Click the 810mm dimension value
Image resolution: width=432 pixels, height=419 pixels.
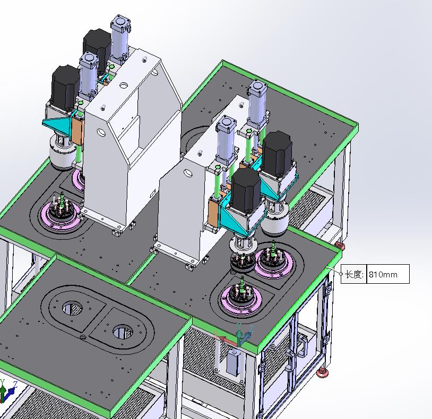click(x=383, y=274)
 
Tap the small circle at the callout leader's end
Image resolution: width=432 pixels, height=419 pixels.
click(x=341, y=274)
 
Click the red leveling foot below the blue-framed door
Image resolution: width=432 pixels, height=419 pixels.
click(x=323, y=372)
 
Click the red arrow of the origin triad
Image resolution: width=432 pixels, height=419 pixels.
click(x=226, y=339)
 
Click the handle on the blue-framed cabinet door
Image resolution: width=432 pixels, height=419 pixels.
click(x=302, y=345)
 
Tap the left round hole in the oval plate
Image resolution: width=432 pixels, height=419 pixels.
click(x=73, y=309)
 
